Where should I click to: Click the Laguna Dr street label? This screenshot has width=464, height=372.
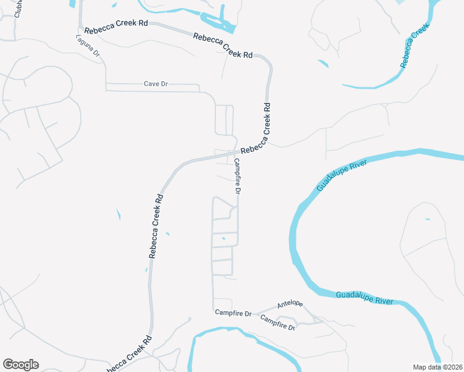point(88,45)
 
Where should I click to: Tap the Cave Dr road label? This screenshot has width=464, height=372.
point(156,84)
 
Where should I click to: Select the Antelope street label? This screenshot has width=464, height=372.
point(290,304)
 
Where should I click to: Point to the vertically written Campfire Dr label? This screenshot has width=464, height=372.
point(237,176)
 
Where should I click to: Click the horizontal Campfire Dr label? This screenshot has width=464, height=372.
point(233,314)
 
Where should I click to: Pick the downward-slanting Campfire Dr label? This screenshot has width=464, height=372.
point(277,322)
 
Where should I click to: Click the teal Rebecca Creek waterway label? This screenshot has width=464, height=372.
point(414,46)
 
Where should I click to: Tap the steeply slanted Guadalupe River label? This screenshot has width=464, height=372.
point(341,175)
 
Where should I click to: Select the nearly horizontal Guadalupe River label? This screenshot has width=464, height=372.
point(365,298)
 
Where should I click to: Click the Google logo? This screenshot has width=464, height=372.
point(20,365)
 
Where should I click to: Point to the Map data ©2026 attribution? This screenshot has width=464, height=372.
point(438,367)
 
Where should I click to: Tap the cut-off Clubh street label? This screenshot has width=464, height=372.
point(18,8)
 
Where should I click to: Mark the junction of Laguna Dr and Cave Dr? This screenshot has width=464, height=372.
point(106,84)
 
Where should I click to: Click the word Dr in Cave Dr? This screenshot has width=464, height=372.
point(164,84)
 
